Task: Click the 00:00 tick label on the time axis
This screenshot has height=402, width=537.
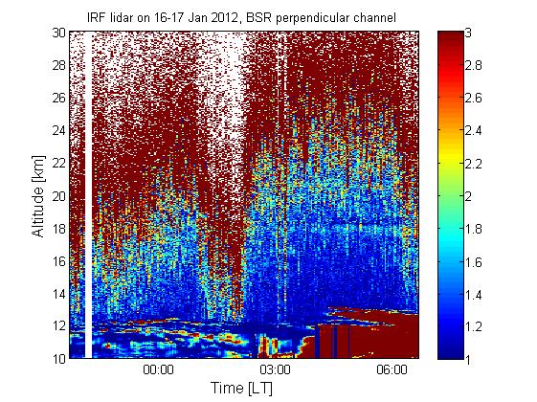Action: (x=158, y=370)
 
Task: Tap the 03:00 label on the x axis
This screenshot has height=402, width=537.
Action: (x=275, y=370)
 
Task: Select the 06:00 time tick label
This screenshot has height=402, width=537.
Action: (x=392, y=370)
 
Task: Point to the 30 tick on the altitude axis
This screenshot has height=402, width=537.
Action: (x=59, y=33)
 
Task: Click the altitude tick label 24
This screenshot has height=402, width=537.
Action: (x=59, y=130)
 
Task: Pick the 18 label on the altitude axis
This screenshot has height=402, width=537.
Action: (x=59, y=229)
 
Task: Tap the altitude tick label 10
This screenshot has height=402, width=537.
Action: (x=59, y=359)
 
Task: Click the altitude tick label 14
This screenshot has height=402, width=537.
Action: (x=59, y=294)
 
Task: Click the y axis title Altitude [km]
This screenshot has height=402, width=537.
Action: (x=38, y=196)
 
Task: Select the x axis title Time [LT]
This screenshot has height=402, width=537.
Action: (x=242, y=389)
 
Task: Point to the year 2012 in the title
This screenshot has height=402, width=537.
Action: (x=224, y=17)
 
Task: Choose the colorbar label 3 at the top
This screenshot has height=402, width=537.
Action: (x=468, y=33)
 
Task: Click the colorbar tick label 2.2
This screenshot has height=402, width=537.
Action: (x=473, y=164)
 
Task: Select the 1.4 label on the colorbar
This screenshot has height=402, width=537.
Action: (x=473, y=294)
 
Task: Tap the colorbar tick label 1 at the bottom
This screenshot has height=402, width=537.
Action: (x=468, y=359)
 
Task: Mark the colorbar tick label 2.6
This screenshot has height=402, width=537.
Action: (x=473, y=98)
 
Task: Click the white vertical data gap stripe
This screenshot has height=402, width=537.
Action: (x=88, y=195)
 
